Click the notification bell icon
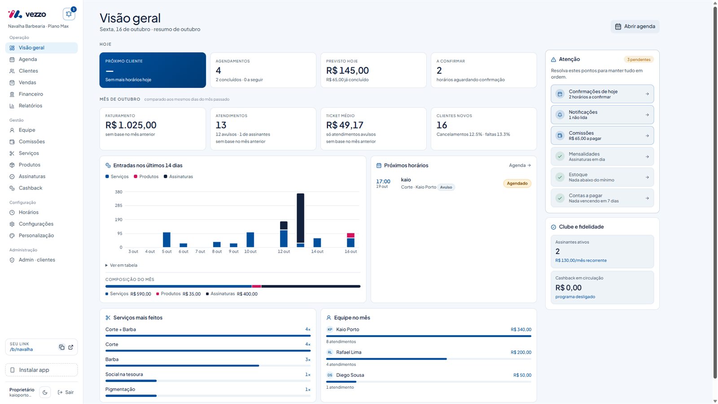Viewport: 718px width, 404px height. point(69,14)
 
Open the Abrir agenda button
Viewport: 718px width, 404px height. point(635,26)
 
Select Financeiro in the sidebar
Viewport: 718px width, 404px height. point(31,94)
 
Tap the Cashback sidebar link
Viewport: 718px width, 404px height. point(31,188)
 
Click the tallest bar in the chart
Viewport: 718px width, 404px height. point(300,218)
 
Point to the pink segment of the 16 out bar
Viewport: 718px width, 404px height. point(350,235)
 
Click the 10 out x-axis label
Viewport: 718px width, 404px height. point(250,251)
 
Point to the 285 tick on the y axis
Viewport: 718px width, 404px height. point(118,205)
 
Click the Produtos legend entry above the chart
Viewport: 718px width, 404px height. point(146,177)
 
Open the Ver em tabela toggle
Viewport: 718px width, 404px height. point(122,265)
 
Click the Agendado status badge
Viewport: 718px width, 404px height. point(517,184)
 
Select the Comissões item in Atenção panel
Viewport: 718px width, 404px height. point(602,135)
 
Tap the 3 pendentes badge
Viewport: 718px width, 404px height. point(639,60)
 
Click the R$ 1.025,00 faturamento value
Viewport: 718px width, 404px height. point(131,125)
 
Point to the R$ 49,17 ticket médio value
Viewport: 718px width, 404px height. point(345,125)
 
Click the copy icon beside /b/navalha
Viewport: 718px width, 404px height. point(61,347)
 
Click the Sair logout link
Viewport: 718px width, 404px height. point(66,392)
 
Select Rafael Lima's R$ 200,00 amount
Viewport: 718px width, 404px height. point(521,352)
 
